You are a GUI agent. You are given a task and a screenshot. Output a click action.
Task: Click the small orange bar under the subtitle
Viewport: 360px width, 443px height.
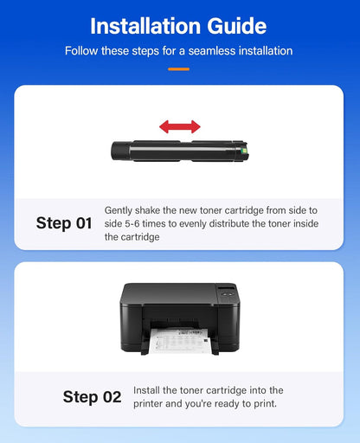(x=179, y=68)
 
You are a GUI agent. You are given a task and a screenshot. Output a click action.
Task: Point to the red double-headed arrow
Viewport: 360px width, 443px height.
(x=179, y=127)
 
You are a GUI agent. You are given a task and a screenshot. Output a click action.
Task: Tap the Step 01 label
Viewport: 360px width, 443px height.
(x=63, y=223)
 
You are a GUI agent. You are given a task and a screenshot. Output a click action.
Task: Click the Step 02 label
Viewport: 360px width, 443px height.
(x=92, y=397)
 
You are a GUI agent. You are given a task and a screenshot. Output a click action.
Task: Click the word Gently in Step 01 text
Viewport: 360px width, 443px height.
(x=119, y=210)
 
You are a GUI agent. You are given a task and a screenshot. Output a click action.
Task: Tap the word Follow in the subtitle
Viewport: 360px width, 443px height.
(x=83, y=51)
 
